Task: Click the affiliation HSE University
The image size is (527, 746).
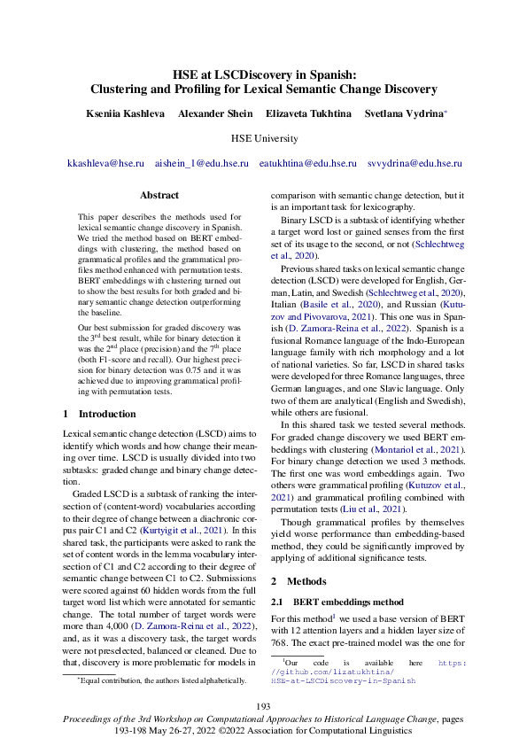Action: pyautogui.click(x=263, y=139)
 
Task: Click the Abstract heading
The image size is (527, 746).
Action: pyautogui.click(x=159, y=195)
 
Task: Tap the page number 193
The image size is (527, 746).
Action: pyautogui.click(x=263, y=705)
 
